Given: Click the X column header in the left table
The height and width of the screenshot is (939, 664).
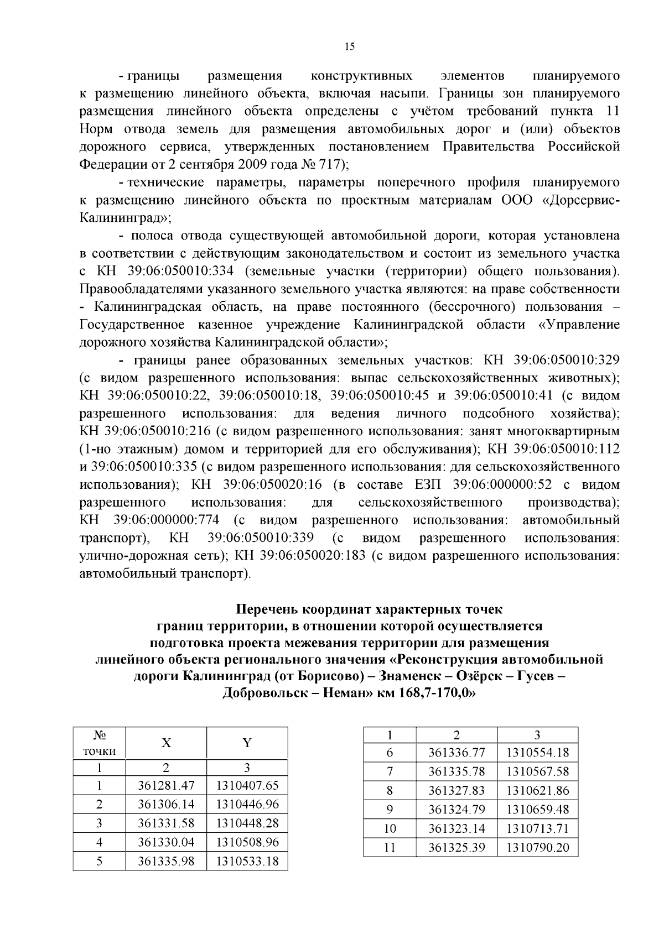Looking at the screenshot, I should tap(166, 743).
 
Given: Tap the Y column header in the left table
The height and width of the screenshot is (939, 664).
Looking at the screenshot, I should tap(247, 743).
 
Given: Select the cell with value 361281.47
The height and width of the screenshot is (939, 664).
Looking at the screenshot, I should tap(166, 785).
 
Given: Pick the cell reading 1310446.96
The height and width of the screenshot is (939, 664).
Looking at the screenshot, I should tap(247, 804).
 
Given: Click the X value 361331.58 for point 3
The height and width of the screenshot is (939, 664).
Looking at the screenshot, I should tap(166, 823).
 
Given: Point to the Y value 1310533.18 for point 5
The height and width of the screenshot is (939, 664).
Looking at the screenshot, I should tap(247, 861).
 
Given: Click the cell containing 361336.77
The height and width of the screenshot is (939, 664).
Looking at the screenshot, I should tap(456, 753).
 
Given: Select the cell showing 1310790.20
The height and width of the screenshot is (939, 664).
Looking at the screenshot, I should tap(537, 847).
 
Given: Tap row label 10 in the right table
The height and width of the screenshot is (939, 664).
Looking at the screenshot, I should tap(390, 828).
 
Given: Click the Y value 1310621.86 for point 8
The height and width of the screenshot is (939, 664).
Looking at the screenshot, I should tap(537, 790).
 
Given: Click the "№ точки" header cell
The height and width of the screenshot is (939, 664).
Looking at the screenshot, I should tap(99, 743).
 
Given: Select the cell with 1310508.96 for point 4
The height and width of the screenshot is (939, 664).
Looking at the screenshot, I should tap(247, 842).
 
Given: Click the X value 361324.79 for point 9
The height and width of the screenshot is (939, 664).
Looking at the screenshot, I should tap(456, 810).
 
